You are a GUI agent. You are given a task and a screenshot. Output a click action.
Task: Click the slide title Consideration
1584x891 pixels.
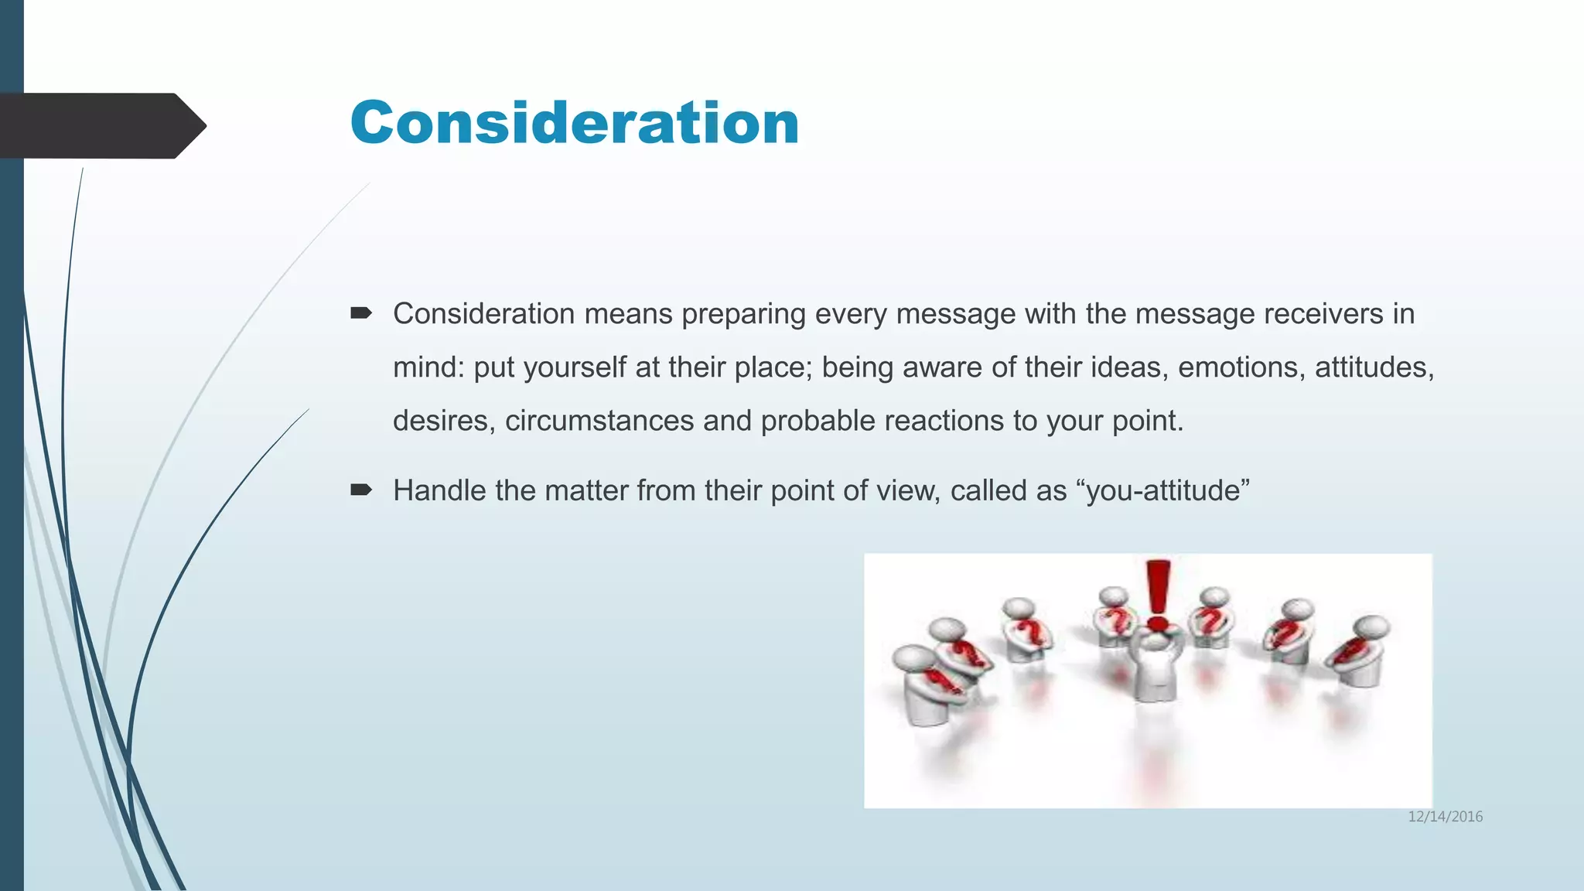click(x=575, y=124)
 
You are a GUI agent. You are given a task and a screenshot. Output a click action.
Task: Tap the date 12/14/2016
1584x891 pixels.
click(x=1445, y=817)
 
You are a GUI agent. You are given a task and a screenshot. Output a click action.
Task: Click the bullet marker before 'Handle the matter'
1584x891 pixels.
click(x=360, y=490)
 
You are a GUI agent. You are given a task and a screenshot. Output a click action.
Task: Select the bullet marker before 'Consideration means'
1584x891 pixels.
click(x=360, y=313)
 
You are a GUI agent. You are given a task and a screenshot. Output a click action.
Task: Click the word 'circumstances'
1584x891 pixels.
click(x=599, y=421)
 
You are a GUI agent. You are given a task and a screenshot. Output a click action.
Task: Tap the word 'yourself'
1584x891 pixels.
click(x=575, y=368)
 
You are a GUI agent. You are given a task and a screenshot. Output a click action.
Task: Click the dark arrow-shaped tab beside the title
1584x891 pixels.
click(x=101, y=125)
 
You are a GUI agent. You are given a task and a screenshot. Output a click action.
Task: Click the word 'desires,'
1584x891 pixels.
click(x=443, y=421)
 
